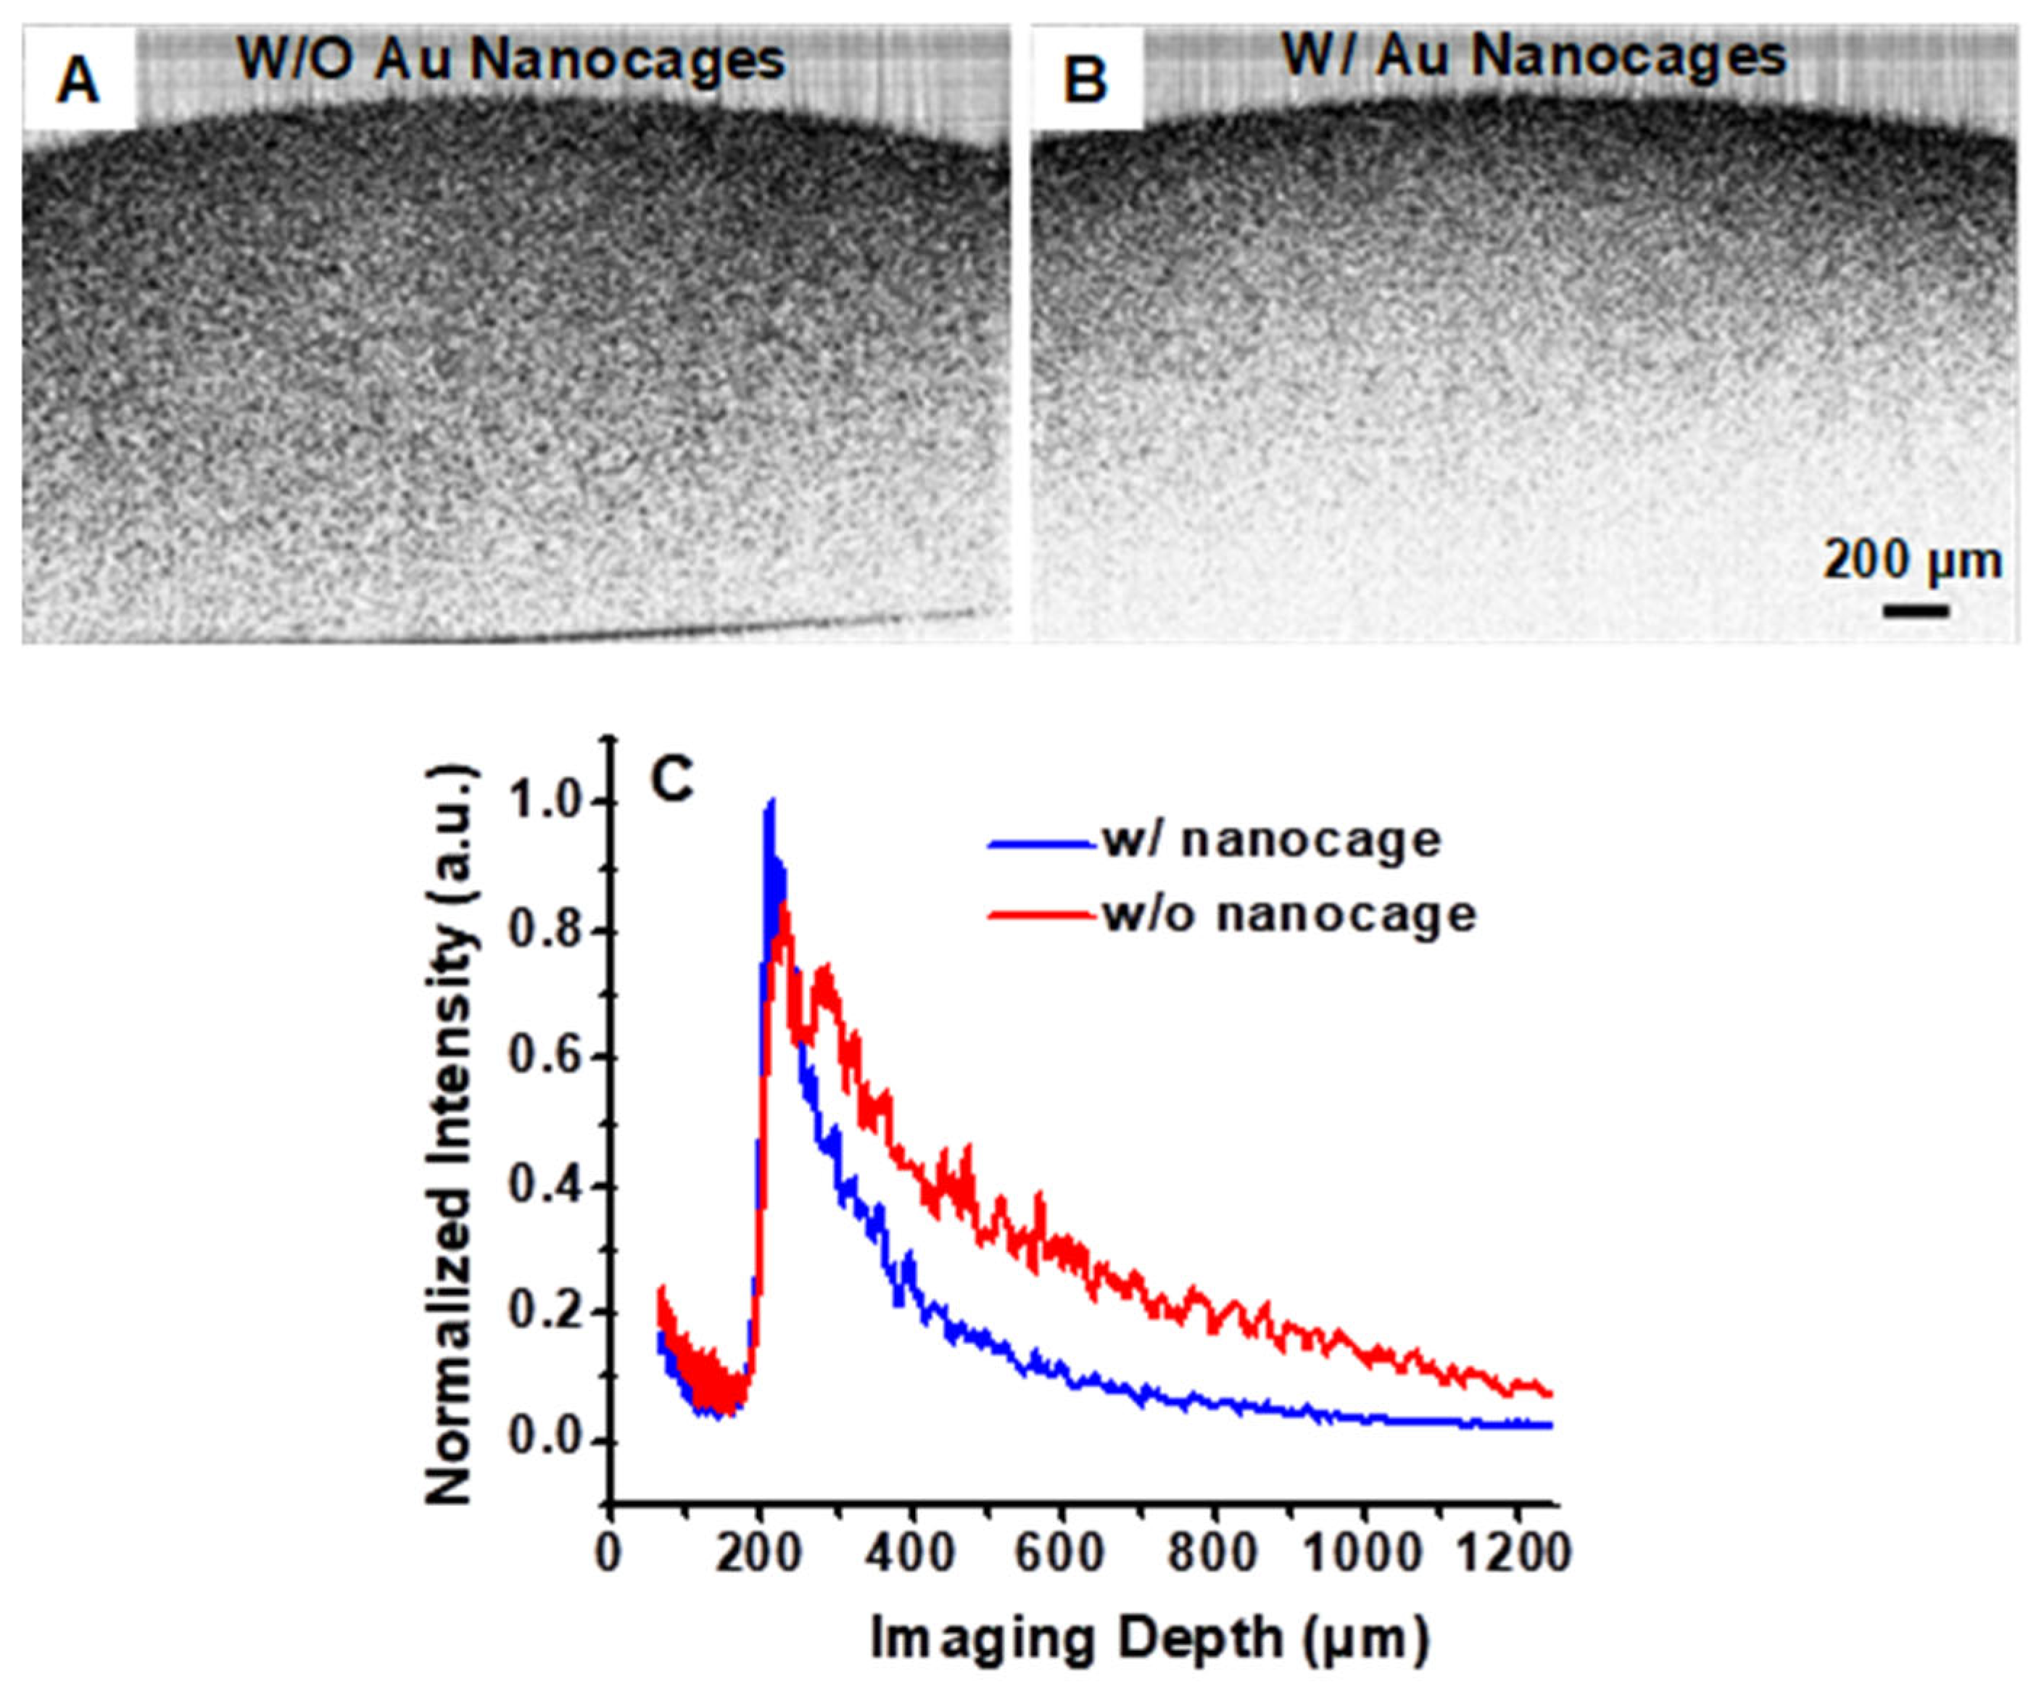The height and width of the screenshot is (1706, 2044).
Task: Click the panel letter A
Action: (78, 80)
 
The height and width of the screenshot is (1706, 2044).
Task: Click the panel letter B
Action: (1085, 80)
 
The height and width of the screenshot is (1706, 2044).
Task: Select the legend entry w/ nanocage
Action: (1271, 840)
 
